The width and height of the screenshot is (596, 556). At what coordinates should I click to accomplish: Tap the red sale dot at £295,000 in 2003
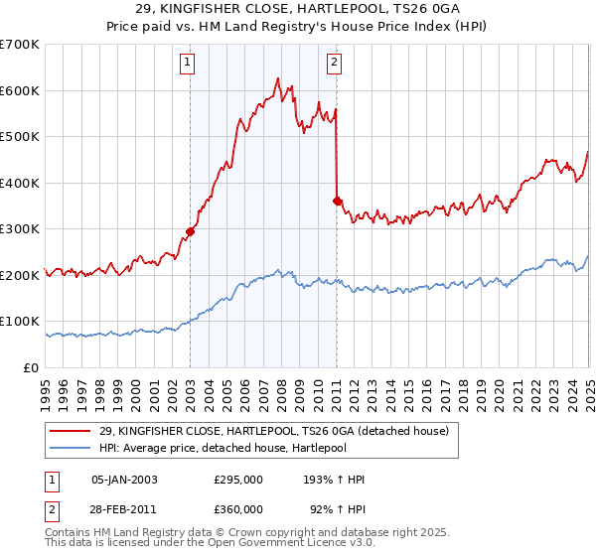(x=190, y=232)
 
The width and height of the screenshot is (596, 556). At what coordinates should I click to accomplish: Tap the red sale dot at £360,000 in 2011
(x=337, y=202)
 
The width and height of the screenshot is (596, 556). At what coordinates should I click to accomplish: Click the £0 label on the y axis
(x=31, y=367)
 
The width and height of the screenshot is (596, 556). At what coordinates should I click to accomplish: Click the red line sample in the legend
(x=69, y=430)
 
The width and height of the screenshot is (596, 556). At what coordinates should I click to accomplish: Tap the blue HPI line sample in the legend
(x=69, y=447)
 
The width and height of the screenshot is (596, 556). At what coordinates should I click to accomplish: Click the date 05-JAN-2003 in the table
(x=124, y=479)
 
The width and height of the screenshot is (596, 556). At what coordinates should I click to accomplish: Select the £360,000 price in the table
(x=237, y=508)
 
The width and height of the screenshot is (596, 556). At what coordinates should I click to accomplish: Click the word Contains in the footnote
(x=70, y=534)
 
